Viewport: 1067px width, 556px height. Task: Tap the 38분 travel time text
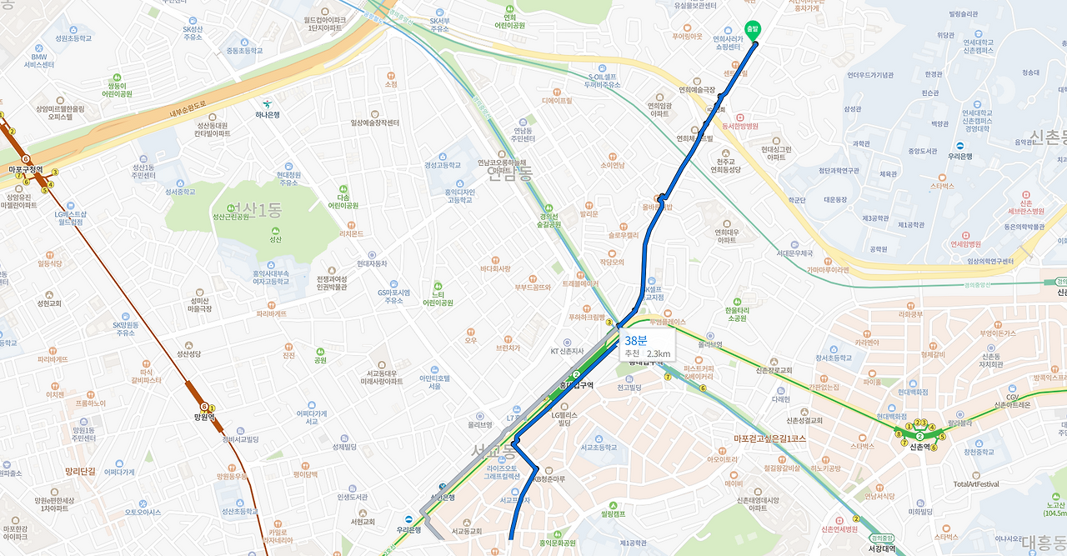click(636, 340)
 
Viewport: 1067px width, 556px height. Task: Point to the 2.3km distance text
click(659, 353)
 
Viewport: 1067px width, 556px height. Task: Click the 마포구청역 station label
click(25, 169)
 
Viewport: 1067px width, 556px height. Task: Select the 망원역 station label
click(205, 417)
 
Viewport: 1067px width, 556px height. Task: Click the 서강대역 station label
click(881, 548)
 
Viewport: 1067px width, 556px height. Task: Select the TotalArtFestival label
click(976, 484)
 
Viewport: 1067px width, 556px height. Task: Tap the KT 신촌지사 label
click(567, 351)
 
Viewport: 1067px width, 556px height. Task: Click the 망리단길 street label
click(81, 472)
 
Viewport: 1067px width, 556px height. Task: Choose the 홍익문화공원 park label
click(558, 543)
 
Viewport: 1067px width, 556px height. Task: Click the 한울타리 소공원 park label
click(736, 313)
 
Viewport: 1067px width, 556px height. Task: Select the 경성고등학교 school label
click(442, 165)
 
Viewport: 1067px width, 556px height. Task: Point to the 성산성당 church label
click(189, 353)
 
